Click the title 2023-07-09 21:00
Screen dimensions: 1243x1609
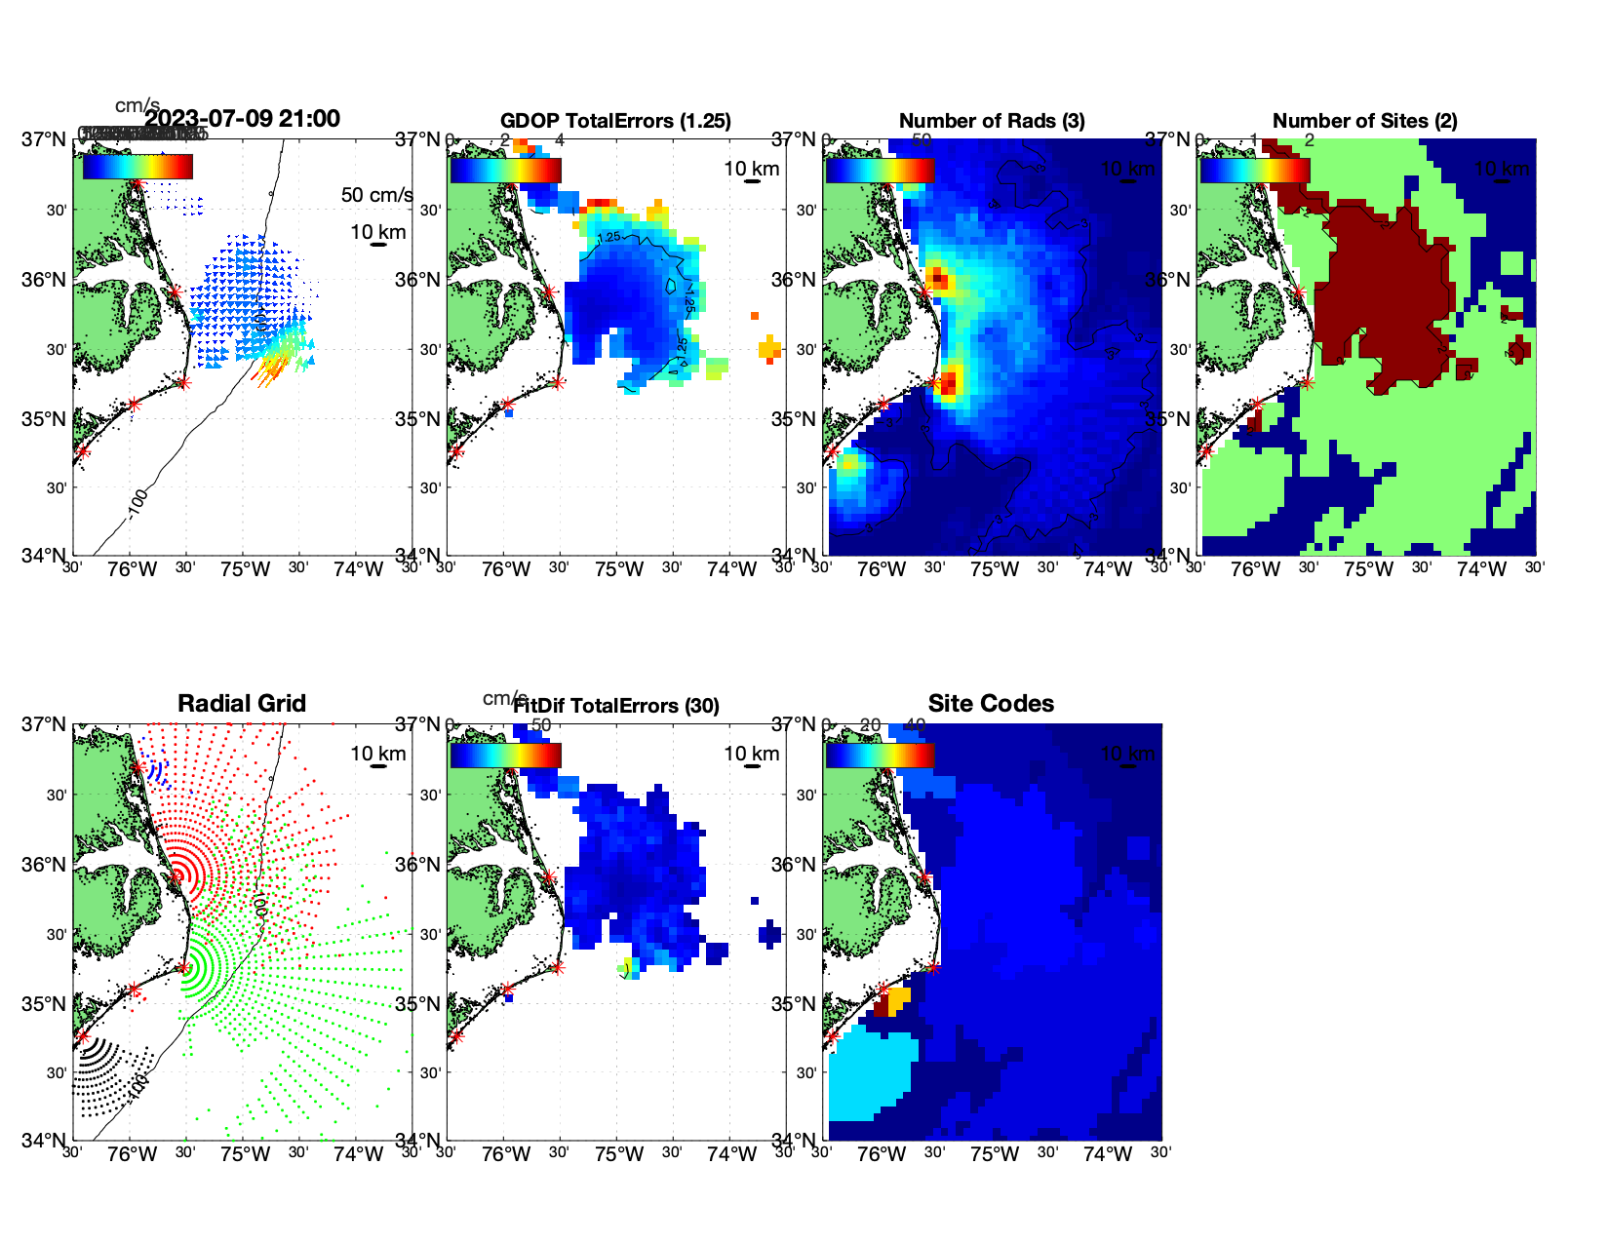point(242,119)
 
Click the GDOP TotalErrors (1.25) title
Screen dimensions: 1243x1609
point(615,121)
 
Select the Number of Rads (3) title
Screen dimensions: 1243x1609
point(992,121)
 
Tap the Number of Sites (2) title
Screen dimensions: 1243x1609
point(1364,121)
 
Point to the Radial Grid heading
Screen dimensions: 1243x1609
point(242,704)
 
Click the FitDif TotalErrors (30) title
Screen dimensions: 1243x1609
point(616,706)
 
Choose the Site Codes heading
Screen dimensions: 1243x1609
point(991,704)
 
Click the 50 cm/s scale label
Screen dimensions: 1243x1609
point(376,195)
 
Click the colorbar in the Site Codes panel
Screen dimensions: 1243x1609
point(881,755)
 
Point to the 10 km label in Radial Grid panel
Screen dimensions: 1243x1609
point(377,754)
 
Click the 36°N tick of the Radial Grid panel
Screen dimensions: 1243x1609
point(43,865)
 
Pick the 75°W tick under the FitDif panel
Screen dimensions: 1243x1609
point(618,1155)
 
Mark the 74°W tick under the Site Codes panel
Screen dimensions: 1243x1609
point(1107,1155)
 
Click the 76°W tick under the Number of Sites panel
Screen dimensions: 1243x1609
point(1255,570)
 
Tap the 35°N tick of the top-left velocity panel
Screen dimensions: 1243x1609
point(43,420)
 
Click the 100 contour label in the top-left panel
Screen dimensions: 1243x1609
point(137,500)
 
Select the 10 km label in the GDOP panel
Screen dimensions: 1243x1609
point(751,169)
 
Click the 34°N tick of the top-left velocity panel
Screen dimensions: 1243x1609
point(43,556)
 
